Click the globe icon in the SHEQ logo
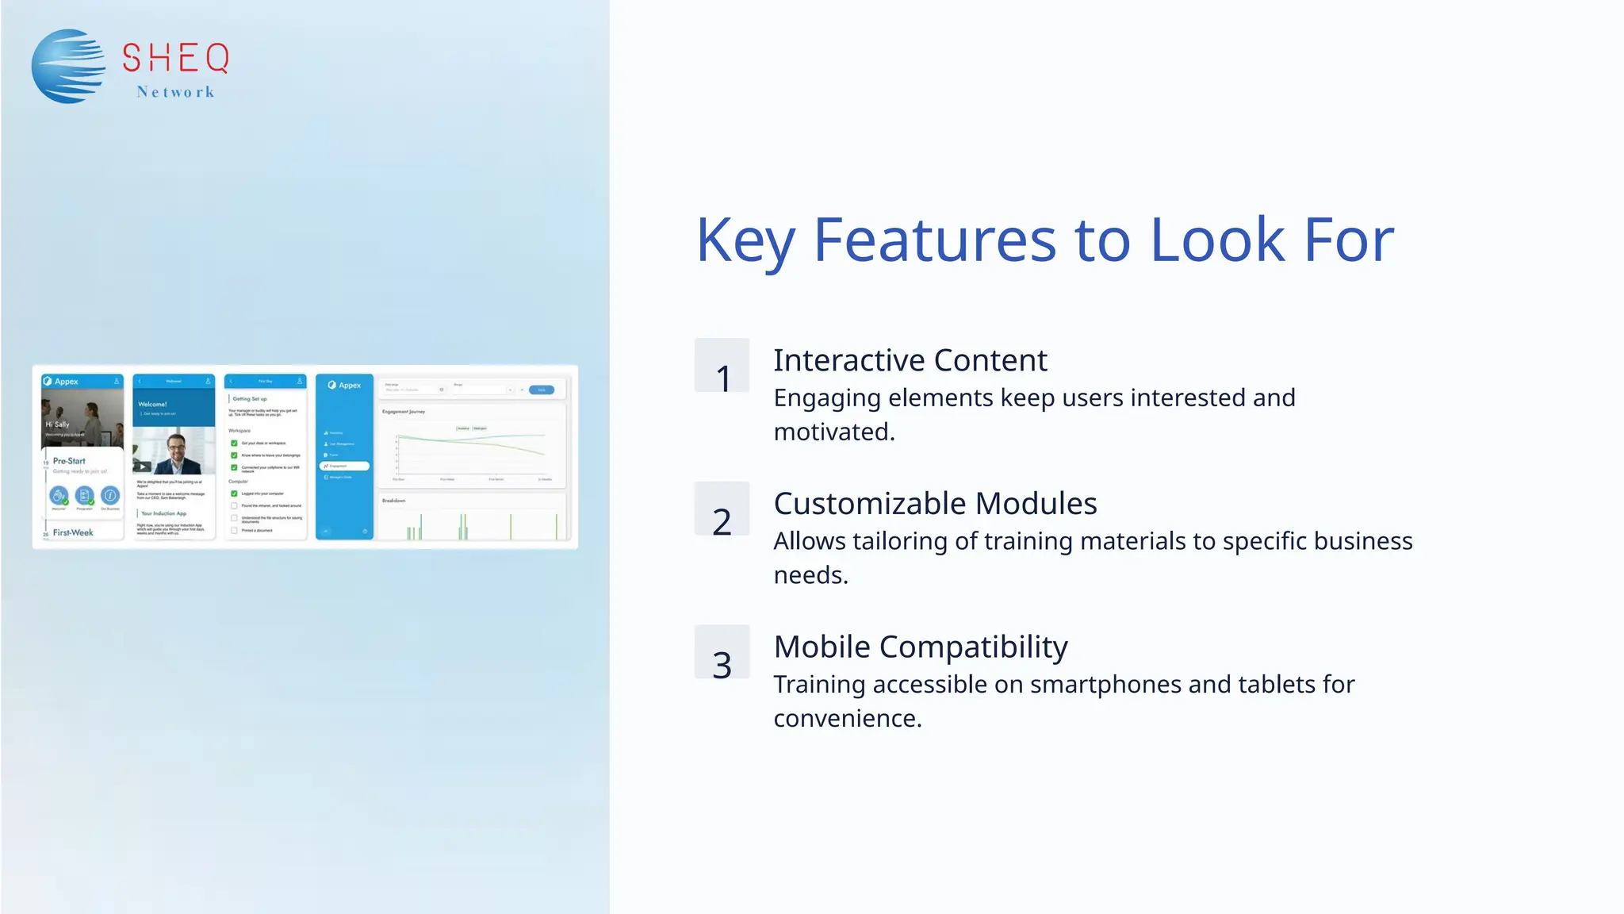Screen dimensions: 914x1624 tap(68, 66)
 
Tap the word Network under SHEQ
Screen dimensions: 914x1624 tap(175, 92)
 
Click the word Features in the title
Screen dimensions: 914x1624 tap(935, 240)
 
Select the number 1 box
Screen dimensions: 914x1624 tap(722, 366)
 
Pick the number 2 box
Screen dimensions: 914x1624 tap(722, 509)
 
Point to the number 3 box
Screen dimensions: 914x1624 tap(722, 652)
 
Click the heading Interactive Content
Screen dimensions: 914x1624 tap(910, 360)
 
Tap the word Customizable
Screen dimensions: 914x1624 tap(870, 504)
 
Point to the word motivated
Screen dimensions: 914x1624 tap(833, 432)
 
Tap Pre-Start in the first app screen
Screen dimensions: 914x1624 tap(69, 461)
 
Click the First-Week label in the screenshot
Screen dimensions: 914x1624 tap(73, 532)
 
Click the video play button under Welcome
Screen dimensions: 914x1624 tap(142, 467)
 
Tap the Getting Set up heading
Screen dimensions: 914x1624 tap(250, 399)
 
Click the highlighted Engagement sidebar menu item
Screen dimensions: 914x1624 tap(344, 466)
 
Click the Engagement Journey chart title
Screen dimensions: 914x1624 tap(404, 412)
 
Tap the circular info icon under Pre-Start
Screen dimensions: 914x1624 tap(110, 496)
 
